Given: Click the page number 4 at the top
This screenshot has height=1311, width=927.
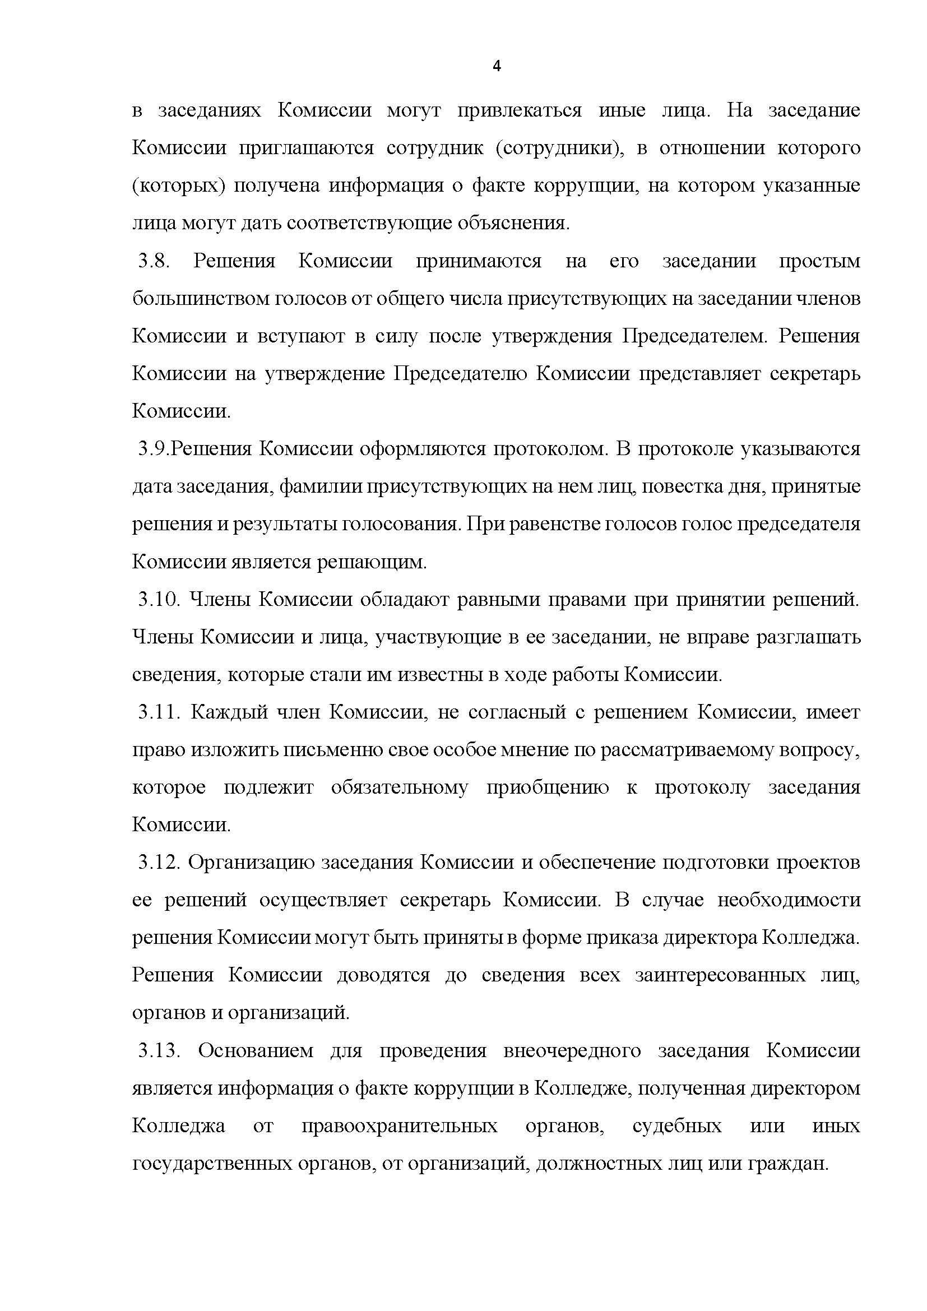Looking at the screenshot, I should point(496,66).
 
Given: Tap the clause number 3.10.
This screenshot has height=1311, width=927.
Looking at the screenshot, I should point(159,600).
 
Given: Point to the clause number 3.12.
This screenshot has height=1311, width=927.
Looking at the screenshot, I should point(159,862).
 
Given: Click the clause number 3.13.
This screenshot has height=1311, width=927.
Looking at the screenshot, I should point(159,1050).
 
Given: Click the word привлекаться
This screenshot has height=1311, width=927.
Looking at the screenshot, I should point(520,110).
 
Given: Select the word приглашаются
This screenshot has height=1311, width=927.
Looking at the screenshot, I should point(306,148).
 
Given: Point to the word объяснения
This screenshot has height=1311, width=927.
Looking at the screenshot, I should point(514,223).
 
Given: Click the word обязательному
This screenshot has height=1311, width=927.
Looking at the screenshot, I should point(400,787).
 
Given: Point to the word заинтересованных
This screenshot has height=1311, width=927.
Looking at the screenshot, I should point(720,975).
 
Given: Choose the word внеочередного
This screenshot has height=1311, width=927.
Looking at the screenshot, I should point(573,1050).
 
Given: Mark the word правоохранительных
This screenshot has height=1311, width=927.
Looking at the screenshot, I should point(400,1126).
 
